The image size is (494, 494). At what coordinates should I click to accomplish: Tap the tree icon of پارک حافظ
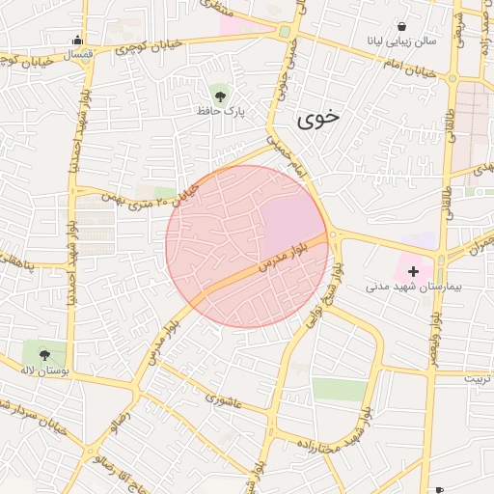point(220,95)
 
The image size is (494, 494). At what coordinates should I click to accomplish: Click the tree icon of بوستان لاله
point(44,351)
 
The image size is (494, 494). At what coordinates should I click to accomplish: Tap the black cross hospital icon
point(414,271)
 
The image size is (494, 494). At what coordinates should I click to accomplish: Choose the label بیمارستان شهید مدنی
point(414,288)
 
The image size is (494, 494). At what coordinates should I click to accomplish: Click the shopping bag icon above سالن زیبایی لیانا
point(400,26)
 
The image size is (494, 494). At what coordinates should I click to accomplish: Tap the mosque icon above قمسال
point(77,40)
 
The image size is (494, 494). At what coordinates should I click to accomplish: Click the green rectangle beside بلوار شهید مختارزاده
point(340,390)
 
